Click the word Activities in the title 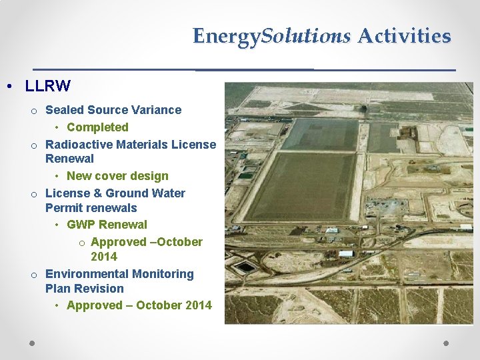click(x=404, y=35)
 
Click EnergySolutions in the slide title click(x=271, y=36)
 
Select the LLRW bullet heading click(x=47, y=86)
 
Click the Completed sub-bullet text click(x=97, y=127)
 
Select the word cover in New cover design click(x=113, y=176)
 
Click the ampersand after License click(x=93, y=193)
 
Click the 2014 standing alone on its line click(x=104, y=257)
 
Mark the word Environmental click(x=86, y=274)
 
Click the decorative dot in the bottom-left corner click(x=32, y=343)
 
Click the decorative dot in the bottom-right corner click(x=446, y=343)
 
